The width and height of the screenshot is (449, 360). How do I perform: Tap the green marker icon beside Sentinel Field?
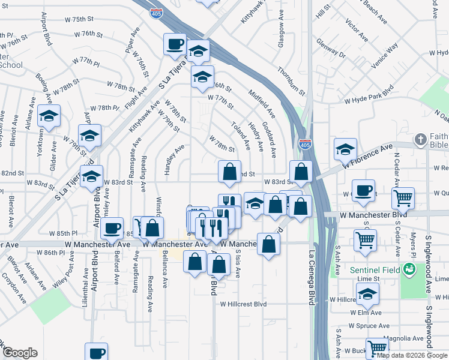[x=409, y=268]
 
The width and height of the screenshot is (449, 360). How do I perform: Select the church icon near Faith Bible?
[x=421, y=140]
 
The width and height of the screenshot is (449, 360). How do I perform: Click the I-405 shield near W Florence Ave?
[x=304, y=144]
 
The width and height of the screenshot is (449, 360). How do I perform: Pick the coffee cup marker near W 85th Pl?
[x=112, y=228]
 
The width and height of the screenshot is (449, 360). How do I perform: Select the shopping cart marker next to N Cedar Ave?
[x=403, y=197]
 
